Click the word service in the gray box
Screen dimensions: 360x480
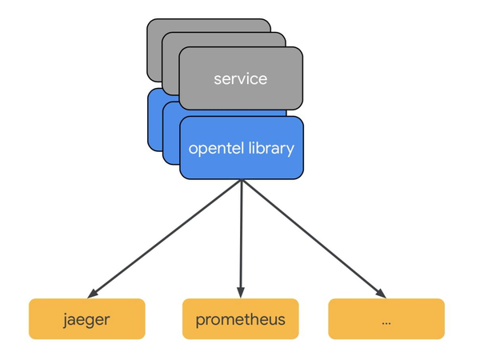(x=240, y=78)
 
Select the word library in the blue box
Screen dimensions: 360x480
(x=268, y=148)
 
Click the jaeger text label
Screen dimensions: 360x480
(x=86, y=320)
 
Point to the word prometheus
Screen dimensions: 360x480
(x=240, y=321)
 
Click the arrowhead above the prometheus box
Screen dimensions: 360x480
(x=241, y=290)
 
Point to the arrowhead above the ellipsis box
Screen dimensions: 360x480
(x=382, y=291)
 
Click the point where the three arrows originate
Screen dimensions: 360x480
(x=241, y=181)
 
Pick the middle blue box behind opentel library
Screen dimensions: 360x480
(x=170, y=136)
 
